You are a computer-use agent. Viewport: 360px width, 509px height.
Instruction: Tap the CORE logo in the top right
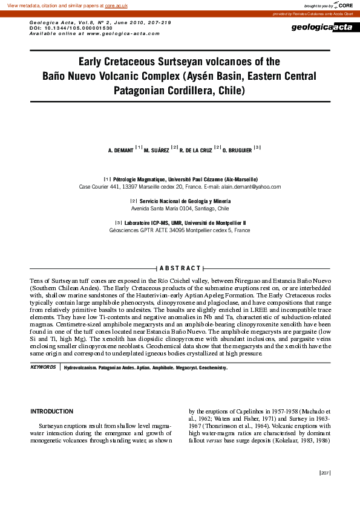pyautogui.click(x=345, y=5)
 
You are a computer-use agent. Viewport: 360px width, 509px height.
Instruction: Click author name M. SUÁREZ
pyautogui.click(x=157, y=149)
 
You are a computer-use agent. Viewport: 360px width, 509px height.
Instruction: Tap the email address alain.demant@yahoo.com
pyautogui.click(x=250, y=187)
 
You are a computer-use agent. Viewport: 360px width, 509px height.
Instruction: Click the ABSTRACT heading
pyautogui.click(x=180, y=268)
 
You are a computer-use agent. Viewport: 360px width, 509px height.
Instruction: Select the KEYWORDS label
pyautogui.click(x=43, y=368)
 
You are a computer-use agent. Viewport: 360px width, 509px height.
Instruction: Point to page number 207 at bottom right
pyautogui.click(x=324, y=473)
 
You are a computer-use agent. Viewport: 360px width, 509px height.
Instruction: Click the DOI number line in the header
pyautogui.click(x=71, y=28)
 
